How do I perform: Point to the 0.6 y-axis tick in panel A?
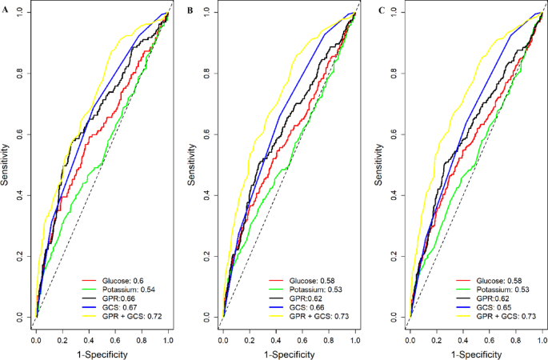[19, 134]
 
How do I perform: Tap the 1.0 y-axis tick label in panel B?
[206, 13]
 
